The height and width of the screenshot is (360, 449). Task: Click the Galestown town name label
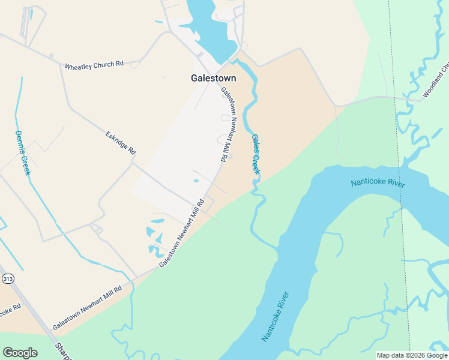point(213,78)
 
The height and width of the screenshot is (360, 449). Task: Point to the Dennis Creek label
point(22,153)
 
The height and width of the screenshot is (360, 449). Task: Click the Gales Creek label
point(256,155)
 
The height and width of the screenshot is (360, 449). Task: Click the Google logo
point(20,353)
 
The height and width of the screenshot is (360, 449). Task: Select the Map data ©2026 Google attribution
point(412,355)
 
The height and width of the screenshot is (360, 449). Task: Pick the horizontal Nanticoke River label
point(378,182)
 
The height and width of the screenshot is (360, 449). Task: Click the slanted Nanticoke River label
point(276,316)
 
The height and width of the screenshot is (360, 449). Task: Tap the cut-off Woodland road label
point(435,81)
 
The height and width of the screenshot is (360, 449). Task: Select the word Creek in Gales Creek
point(257,163)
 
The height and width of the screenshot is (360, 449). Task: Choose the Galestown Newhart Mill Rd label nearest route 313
point(87,308)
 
